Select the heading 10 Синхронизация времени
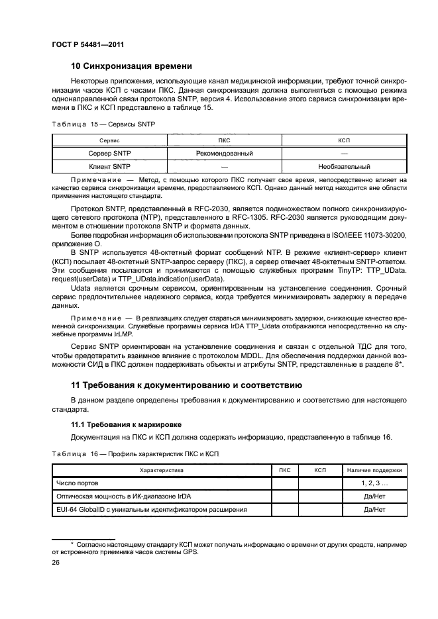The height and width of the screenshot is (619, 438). pos(131,66)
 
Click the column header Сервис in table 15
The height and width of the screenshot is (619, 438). pos(109,140)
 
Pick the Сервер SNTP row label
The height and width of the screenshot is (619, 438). pos(109,153)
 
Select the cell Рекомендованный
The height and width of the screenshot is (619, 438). pos(225,153)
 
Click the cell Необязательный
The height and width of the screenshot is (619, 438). pos(344,167)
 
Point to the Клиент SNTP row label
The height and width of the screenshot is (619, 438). pos(109,167)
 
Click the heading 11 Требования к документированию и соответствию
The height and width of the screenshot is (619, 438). pos(186,385)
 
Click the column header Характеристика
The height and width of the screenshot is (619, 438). pos(161,470)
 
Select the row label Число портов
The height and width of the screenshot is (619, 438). pos(77,483)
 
